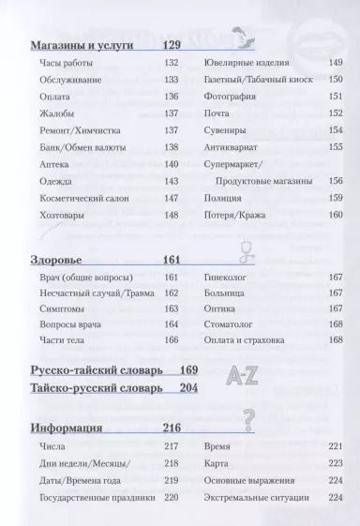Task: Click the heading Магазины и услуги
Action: click(80, 44)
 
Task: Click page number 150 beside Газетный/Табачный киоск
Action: click(335, 82)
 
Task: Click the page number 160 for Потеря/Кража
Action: click(335, 216)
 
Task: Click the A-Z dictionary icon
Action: click(244, 376)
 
